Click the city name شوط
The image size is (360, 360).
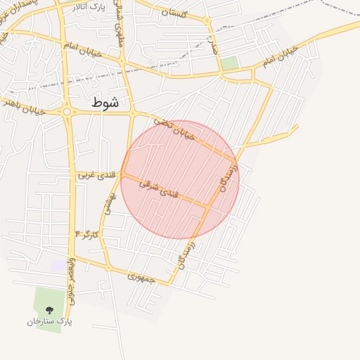click(x=105, y=103)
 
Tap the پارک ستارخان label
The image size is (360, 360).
click(x=51, y=321)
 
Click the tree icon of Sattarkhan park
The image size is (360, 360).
click(x=49, y=309)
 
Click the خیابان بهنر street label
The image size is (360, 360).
click(x=22, y=106)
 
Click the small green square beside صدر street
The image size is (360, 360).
click(x=229, y=63)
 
